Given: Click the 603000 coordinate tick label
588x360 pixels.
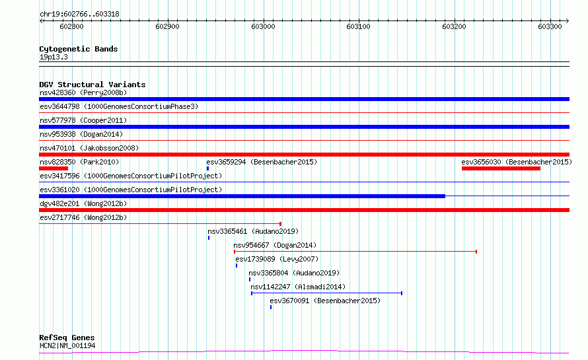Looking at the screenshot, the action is (263, 26).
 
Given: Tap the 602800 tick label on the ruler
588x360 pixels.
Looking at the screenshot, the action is (71, 26).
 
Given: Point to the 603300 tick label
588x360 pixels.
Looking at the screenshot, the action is (550, 26).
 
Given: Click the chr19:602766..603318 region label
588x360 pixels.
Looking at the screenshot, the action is (79, 15).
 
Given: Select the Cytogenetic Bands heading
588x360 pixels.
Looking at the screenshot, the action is (79, 49).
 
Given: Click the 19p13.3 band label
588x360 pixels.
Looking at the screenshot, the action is (54, 57).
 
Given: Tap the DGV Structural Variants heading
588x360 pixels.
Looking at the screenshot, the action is (92, 85).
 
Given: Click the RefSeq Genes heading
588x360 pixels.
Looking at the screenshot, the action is (67, 338).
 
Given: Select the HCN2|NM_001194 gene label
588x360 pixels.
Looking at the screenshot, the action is (67, 345).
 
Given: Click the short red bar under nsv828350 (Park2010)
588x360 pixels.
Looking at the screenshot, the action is (54, 168).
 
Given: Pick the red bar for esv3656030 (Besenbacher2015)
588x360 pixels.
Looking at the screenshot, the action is (501, 168).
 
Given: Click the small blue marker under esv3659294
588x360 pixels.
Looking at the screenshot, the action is (207, 168).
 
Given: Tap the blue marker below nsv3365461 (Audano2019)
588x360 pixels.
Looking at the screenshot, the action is (209, 238).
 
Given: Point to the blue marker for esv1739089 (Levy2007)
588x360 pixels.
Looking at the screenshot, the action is (237, 266).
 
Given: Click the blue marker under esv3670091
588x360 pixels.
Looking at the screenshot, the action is (271, 307).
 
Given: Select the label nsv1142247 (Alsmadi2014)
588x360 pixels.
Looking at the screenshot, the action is (298, 287).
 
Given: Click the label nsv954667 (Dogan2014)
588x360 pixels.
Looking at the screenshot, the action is (275, 245).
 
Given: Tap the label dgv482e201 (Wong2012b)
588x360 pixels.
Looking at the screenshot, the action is (83, 203).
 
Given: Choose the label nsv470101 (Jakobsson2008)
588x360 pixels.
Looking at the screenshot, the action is (89, 148).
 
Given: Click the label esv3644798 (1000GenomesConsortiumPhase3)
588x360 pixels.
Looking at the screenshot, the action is (119, 106).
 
